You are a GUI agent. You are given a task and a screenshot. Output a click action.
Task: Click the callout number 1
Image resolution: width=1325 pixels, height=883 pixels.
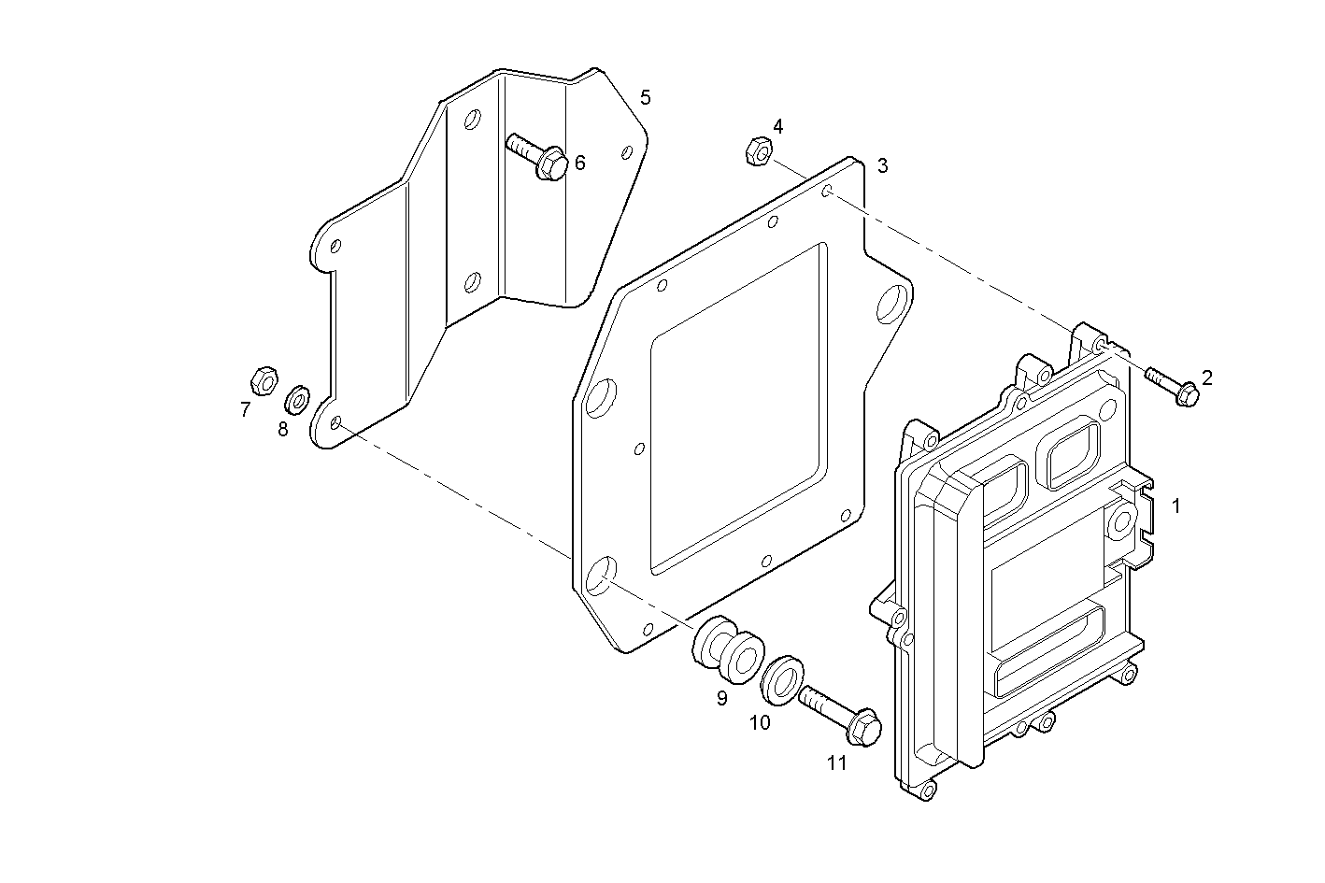(1176, 506)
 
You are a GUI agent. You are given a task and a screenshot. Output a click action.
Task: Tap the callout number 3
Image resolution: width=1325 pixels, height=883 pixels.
(882, 166)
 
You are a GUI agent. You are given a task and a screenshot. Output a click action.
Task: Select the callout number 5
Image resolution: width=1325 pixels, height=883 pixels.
(645, 97)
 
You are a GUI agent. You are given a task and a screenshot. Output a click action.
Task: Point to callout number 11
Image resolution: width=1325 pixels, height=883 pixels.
(836, 762)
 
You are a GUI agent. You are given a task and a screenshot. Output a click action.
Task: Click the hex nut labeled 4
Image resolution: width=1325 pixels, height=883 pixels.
(758, 150)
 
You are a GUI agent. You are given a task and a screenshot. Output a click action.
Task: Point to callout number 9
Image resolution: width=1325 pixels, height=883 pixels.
(722, 698)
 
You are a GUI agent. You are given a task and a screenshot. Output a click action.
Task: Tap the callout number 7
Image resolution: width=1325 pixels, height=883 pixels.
(245, 409)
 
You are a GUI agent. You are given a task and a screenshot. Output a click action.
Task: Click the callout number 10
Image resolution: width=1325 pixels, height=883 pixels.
(760, 722)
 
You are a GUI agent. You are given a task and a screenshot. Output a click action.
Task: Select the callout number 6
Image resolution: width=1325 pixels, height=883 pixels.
(580, 164)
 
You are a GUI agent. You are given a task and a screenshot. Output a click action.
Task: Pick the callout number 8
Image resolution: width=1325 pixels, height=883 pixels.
(282, 430)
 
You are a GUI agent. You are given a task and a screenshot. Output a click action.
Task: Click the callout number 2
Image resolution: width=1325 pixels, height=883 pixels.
(1206, 377)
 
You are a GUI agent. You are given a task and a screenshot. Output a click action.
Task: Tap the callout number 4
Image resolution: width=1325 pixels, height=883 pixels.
(777, 126)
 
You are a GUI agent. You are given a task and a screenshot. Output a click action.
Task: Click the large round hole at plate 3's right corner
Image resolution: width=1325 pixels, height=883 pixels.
(892, 300)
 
